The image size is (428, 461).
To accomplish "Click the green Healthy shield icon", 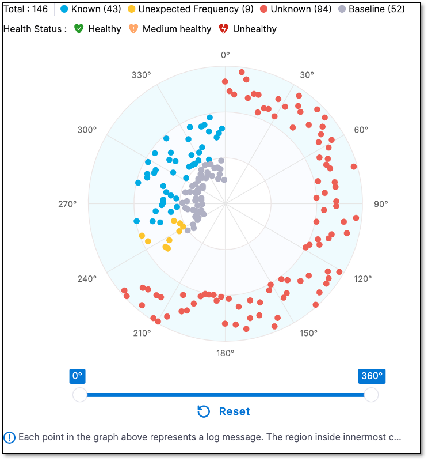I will pyautogui.click(x=79, y=29).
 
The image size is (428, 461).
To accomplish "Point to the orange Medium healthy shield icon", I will pyautogui.click(x=133, y=29).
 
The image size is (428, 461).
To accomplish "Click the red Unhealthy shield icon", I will pyautogui.click(x=224, y=29).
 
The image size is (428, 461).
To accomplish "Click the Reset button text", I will pyautogui.click(x=234, y=411).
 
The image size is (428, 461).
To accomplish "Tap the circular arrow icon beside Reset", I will pyautogui.click(x=204, y=411).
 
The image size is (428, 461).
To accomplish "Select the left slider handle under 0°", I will pyautogui.click(x=79, y=395).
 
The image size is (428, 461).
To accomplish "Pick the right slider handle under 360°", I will pyautogui.click(x=371, y=395).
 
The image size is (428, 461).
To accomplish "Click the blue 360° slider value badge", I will pyautogui.click(x=371, y=376).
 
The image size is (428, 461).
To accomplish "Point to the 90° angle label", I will pyautogui.click(x=381, y=204).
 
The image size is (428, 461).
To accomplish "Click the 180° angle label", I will pyautogui.click(x=225, y=353).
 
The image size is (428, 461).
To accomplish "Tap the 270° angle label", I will pyautogui.click(x=68, y=204).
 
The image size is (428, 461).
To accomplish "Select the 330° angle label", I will pyautogui.click(x=142, y=75).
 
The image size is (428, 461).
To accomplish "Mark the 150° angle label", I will pyautogui.click(x=308, y=333).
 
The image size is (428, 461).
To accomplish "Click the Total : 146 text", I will pyautogui.click(x=26, y=9).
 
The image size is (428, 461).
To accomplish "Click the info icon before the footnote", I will pyautogui.click(x=9, y=437).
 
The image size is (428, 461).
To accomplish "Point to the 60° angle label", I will pyautogui.click(x=361, y=130).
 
